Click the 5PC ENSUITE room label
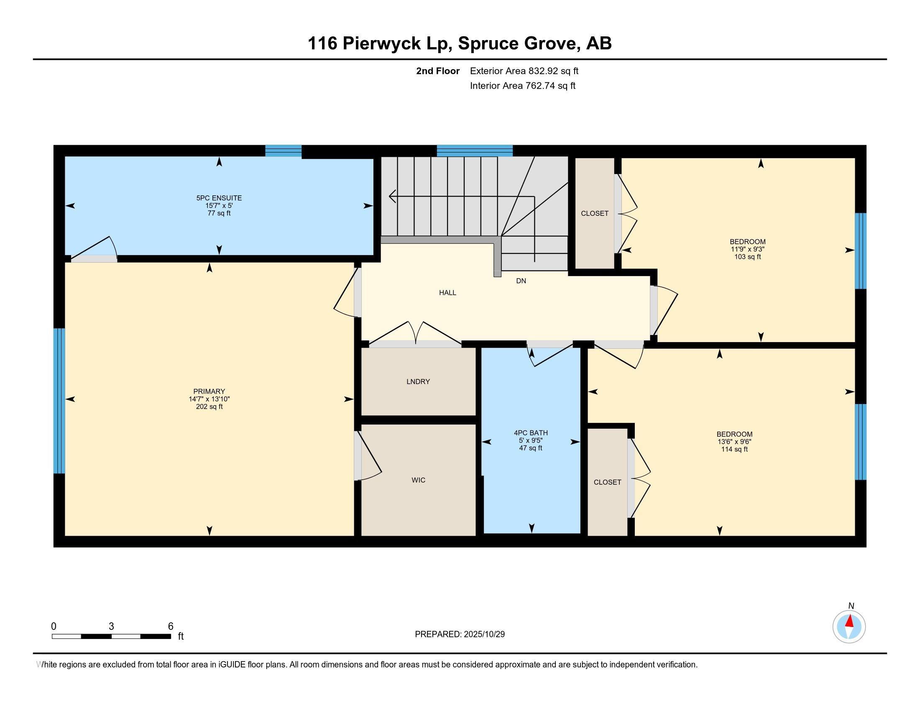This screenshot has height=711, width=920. (219, 198)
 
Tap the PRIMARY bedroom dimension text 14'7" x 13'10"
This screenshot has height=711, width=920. (210, 399)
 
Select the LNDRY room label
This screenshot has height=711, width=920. (418, 381)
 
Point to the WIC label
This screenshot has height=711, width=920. (418, 480)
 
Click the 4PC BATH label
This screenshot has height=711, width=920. (531, 432)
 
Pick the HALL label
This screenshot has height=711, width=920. (447, 293)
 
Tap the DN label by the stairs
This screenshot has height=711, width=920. (521, 281)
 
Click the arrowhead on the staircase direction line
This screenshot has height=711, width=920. (392, 196)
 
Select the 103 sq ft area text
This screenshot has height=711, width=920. (747, 257)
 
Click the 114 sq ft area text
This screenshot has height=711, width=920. (734, 450)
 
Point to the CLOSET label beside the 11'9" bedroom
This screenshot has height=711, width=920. (594, 214)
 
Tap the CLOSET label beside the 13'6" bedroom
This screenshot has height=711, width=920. (607, 482)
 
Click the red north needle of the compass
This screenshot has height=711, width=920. (850, 621)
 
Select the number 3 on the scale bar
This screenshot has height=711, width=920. (111, 627)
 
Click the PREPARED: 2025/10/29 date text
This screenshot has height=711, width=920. (460, 634)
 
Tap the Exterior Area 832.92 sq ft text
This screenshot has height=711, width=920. (524, 71)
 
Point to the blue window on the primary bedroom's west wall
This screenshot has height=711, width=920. (59, 401)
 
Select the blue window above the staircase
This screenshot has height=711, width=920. (474, 151)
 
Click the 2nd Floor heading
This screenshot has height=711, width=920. (438, 71)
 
